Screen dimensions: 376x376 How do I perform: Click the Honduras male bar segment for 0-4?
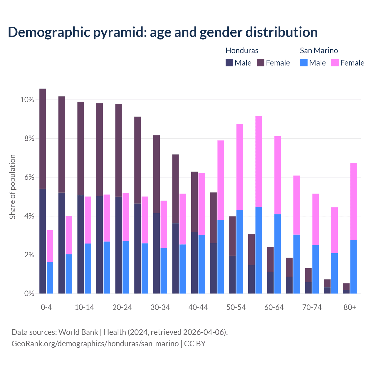pyautogui.click(x=43, y=241)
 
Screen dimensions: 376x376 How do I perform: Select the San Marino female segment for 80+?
pyautogui.click(x=354, y=201)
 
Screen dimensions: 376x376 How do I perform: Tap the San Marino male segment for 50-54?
pyautogui.click(x=240, y=251)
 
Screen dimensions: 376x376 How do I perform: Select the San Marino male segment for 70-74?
pyautogui.click(x=315, y=269)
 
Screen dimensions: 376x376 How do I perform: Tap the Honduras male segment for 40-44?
pyautogui.click(x=194, y=263)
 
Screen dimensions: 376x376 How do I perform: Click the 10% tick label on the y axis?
pyautogui.click(x=27, y=100)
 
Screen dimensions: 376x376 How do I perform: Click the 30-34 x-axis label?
pyautogui.click(x=160, y=308)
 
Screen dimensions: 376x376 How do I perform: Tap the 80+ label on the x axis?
pyautogui.click(x=350, y=308)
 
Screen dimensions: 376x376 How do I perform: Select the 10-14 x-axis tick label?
pyautogui.click(x=84, y=308)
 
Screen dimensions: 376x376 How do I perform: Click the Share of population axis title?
pyautogui.click(x=12, y=187)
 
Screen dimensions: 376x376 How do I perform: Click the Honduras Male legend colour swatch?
pyautogui.click(x=229, y=63)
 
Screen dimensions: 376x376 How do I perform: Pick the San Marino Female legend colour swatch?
pyautogui.click(x=335, y=63)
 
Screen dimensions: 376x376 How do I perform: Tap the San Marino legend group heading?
pyautogui.click(x=319, y=51)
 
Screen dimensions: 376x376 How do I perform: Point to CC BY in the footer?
pyautogui.click(x=195, y=343)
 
